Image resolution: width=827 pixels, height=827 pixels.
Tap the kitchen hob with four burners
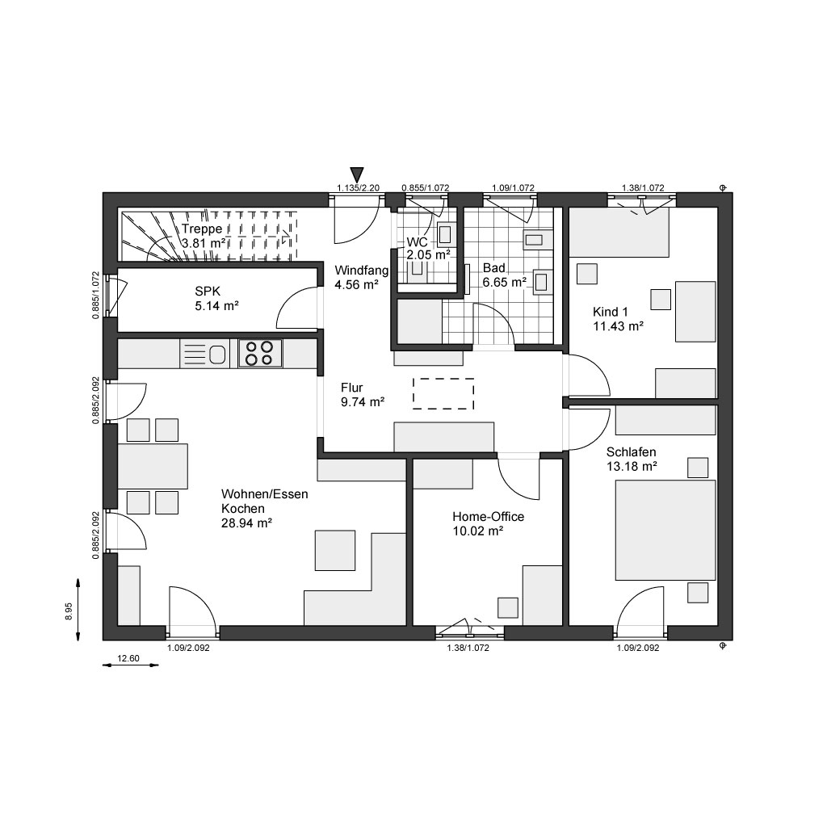pos(261,354)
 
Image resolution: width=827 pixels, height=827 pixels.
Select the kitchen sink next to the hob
pos(217,355)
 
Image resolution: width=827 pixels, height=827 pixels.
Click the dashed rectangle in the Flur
pos(443,393)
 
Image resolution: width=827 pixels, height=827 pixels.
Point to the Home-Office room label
pos(489,516)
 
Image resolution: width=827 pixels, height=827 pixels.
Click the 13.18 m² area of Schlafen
pos(632,466)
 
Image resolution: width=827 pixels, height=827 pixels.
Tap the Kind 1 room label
pos(611,312)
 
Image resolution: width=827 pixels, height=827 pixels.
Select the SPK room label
pos(208,291)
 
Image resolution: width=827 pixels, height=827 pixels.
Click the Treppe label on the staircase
pos(202,229)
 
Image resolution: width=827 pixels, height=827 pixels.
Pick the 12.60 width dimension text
pos(128,658)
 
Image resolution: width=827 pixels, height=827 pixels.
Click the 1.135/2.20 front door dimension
pos(358,187)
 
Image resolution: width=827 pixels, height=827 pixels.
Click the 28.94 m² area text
pos(246,523)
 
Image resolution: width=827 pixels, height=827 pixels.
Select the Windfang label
pos(361,271)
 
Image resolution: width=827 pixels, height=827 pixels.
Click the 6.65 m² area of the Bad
pos(505,282)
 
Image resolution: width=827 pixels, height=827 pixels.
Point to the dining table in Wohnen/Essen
pos(153,466)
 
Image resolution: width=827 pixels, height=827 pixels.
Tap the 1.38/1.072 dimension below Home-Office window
pos(468,648)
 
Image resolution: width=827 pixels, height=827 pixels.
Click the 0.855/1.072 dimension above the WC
pos(425,187)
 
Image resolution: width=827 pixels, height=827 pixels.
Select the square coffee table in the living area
pos(335,551)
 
